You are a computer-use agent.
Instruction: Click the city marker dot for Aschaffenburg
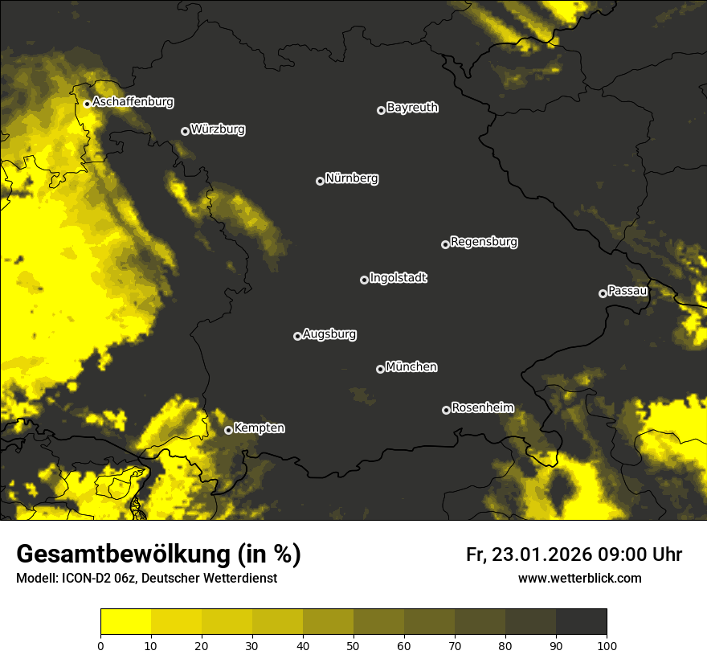(x=87, y=104)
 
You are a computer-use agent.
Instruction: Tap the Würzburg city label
(x=218, y=129)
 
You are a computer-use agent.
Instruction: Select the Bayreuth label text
(x=412, y=108)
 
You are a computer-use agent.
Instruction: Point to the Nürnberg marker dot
(x=320, y=181)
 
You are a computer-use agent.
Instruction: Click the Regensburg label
(x=484, y=242)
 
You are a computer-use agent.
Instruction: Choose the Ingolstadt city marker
(x=364, y=280)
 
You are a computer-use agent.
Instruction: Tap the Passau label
(x=627, y=291)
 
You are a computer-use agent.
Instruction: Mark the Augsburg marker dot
(x=297, y=336)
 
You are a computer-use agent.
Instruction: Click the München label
(x=411, y=367)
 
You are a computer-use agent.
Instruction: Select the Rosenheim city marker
(x=446, y=410)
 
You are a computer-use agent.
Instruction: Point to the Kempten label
(x=259, y=428)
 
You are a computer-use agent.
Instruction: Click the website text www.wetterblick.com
(x=579, y=578)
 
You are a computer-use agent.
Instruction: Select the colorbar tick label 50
(x=353, y=644)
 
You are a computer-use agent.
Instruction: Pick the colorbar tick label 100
(x=607, y=644)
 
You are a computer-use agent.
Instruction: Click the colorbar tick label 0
(x=100, y=644)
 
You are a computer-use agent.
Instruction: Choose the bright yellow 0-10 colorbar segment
(x=125, y=622)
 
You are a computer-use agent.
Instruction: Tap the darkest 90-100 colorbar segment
(x=581, y=622)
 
